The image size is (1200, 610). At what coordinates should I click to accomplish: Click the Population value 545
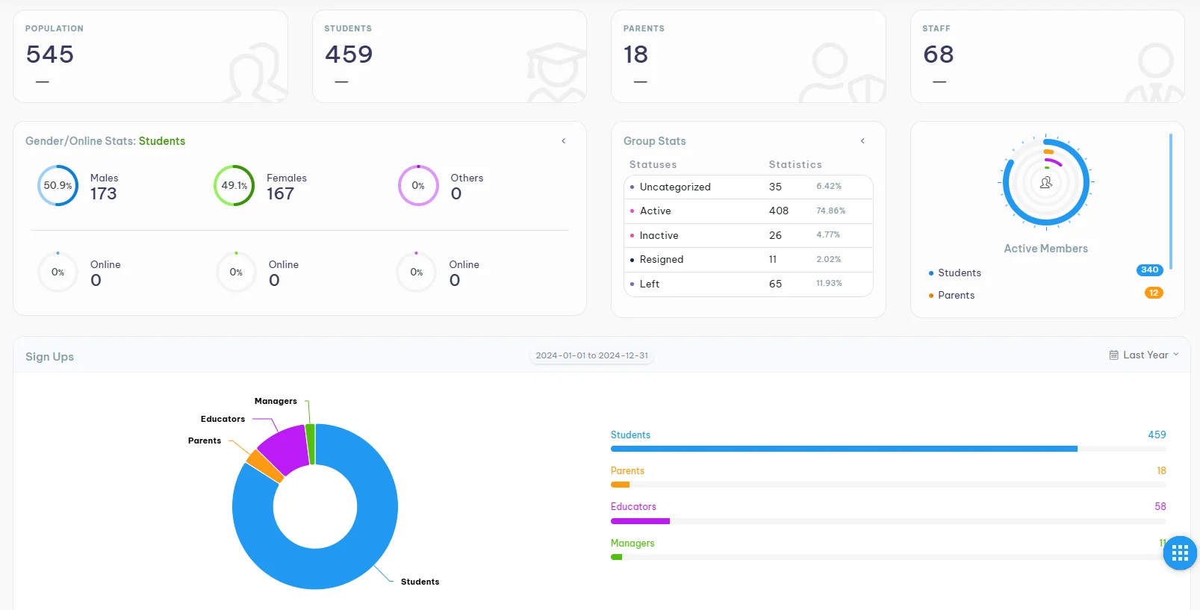coord(50,55)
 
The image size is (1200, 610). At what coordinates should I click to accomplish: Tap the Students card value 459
coord(349,55)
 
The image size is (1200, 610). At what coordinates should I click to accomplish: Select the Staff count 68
coord(938,55)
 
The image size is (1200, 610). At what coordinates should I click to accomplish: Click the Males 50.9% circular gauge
coord(57,185)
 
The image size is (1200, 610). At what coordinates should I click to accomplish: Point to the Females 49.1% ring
coord(234,185)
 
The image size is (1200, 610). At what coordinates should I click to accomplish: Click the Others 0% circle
coord(418,185)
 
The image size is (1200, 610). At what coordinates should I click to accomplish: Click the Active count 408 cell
coord(779,211)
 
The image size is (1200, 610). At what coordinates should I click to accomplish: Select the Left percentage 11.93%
coord(829,284)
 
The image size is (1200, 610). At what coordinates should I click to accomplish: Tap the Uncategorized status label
coord(675,187)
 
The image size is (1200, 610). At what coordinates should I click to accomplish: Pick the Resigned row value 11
coord(773,260)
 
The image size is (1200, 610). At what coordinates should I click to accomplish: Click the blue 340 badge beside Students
coord(1149,270)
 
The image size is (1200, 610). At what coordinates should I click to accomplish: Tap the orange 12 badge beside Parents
coord(1154,293)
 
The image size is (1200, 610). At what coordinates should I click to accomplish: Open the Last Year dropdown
coord(1144,355)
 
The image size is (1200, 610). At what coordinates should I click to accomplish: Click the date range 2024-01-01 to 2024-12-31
coord(592,355)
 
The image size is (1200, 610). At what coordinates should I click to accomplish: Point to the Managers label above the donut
coord(276,401)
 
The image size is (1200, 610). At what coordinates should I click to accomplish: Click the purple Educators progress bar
coord(640,521)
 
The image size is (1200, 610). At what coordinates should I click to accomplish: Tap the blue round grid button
coord(1180,553)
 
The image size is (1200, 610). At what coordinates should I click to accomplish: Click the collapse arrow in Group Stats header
coord(862,141)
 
